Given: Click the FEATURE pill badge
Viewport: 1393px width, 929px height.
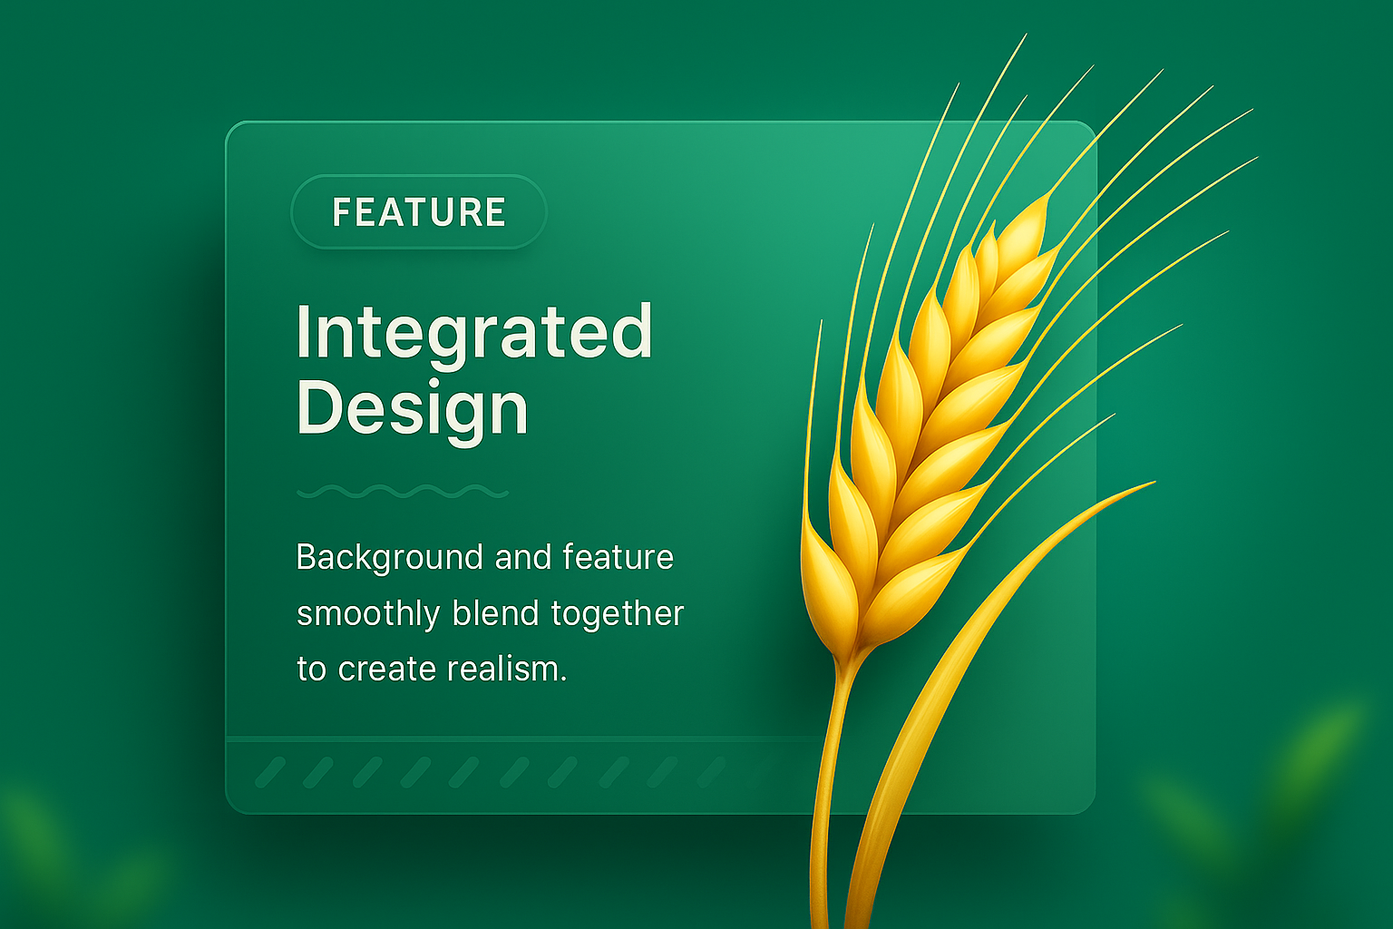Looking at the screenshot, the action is pyautogui.click(x=418, y=211).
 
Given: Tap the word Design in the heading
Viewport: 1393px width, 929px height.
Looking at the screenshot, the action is pyautogui.click(x=413, y=409).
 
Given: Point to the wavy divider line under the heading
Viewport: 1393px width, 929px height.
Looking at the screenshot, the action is pyautogui.click(x=403, y=492).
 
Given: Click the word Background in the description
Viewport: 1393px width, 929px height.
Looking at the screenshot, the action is pyautogui.click(x=389, y=558).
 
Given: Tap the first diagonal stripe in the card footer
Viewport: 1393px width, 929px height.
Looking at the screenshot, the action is pyautogui.click(x=270, y=772).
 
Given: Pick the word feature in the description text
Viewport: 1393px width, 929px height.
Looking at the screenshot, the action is pyautogui.click(x=618, y=556).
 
